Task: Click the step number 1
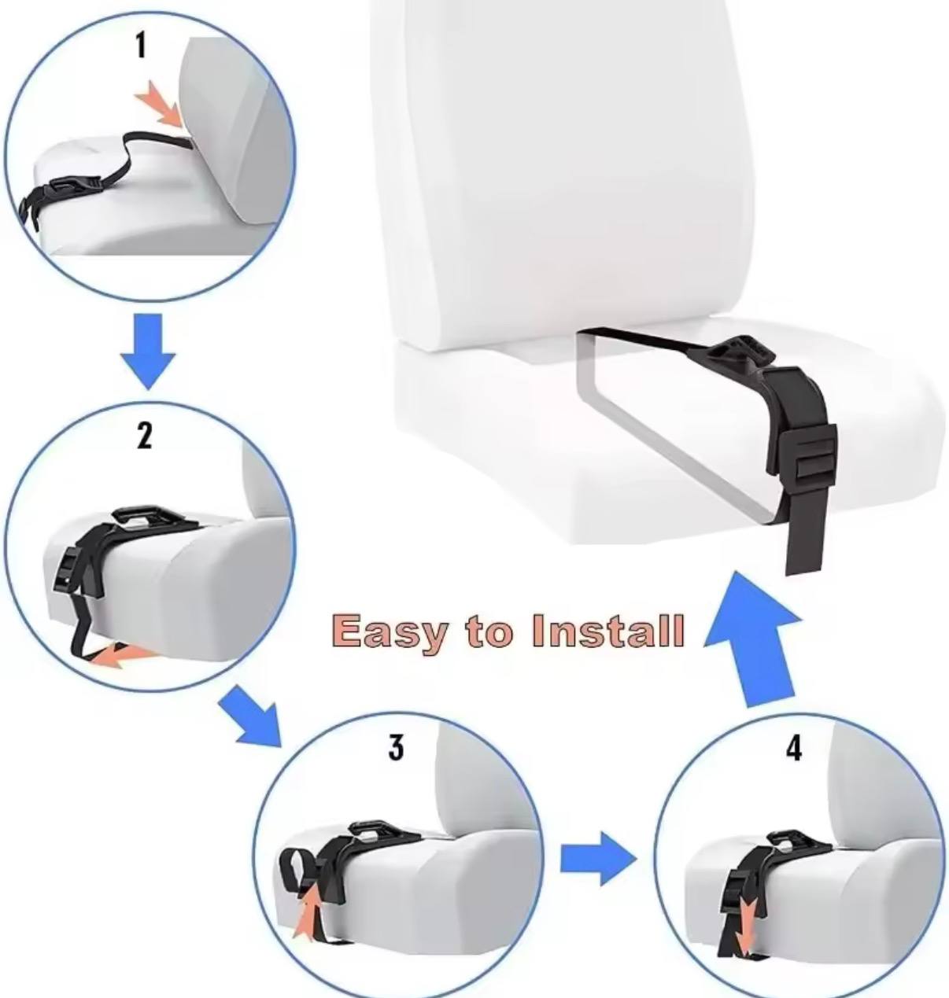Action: [x=141, y=45]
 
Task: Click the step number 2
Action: [x=144, y=434]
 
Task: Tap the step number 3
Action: [x=396, y=747]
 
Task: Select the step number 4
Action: [x=794, y=748]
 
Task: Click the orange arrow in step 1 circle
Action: [x=160, y=107]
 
